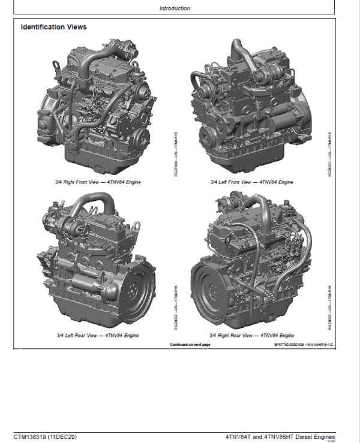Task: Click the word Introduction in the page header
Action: [x=175, y=8]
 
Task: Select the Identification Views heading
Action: [x=53, y=28]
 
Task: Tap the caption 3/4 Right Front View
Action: [x=96, y=182]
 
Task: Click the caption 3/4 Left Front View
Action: [x=252, y=182]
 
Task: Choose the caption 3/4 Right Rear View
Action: [x=252, y=336]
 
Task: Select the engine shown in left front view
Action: [x=252, y=108]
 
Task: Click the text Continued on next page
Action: [x=190, y=345]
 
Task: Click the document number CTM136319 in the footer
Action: [x=32, y=436]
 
